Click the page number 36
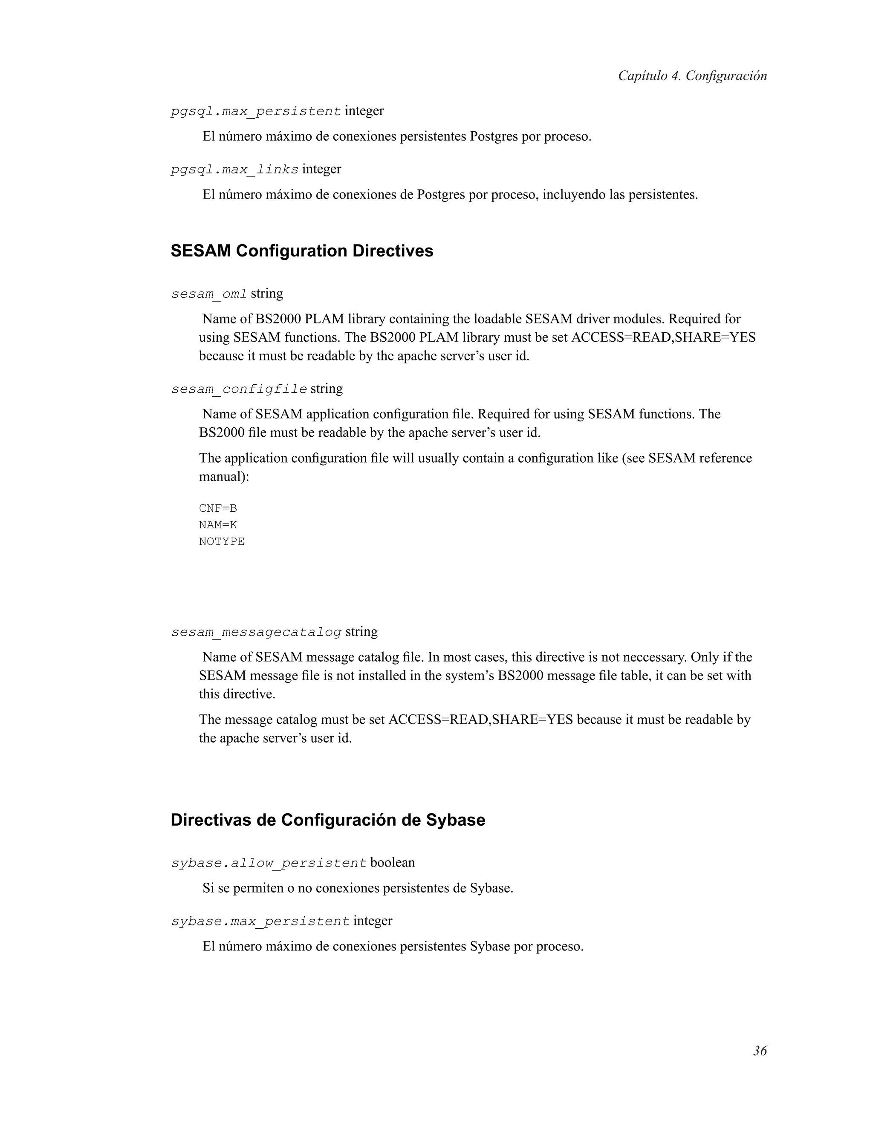[759, 1051]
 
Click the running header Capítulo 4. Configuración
[692, 76]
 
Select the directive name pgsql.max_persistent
[255, 111]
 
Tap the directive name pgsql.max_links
[234, 170]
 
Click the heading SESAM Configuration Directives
[301, 251]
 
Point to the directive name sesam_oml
[209, 294]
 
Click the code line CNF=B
[218, 508]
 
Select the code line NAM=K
[218, 525]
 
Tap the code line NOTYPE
[221, 541]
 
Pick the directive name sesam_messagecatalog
[256, 632]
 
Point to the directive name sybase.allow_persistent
[269, 863]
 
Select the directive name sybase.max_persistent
[260, 922]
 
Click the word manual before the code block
[221, 477]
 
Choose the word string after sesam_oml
[267, 294]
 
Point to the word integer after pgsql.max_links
[322, 169]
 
